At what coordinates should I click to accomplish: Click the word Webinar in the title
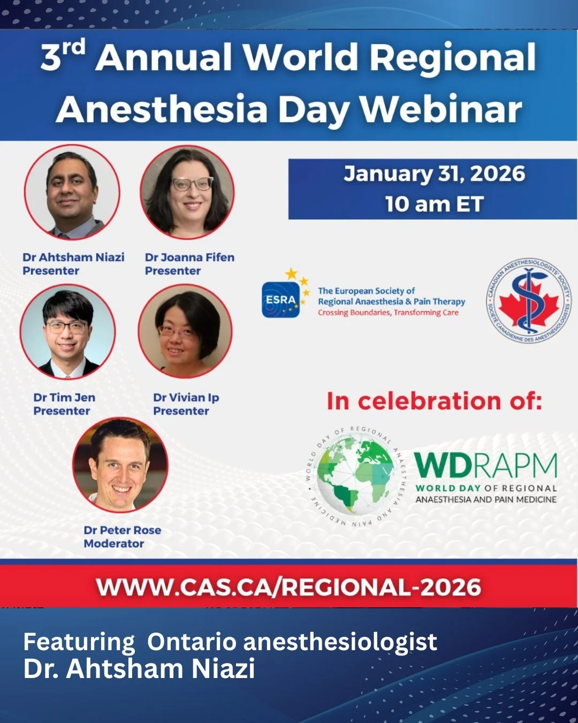(x=440, y=109)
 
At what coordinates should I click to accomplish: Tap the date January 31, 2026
(x=434, y=174)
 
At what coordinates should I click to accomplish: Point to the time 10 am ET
(x=434, y=204)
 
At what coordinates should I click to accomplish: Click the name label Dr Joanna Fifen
(x=189, y=257)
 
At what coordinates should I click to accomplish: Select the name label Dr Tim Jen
(x=64, y=397)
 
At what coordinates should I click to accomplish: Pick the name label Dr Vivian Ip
(x=186, y=397)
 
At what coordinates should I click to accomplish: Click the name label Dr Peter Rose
(x=122, y=530)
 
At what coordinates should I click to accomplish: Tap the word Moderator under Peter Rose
(x=114, y=544)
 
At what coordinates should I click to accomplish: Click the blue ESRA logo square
(x=281, y=300)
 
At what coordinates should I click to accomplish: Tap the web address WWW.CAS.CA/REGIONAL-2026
(x=289, y=588)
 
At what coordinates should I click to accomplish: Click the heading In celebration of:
(x=434, y=401)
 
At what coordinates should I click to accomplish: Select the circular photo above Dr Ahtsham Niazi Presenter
(x=72, y=192)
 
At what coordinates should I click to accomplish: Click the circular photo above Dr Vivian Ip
(x=185, y=331)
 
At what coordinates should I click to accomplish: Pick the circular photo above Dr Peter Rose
(x=120, y=465)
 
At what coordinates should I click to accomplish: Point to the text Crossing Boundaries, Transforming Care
(x=388, y=313)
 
